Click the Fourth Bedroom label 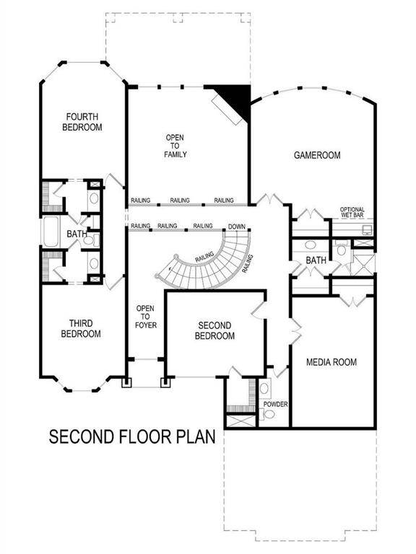click(82, 121)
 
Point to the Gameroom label click(316, 155)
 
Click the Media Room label click(331, 362)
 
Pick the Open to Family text click(176, 146)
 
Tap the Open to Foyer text click(146, 317)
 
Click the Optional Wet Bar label click(352, 213)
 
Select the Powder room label click(275, 404)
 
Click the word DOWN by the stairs click(236, 227)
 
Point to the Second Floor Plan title click(132, 437)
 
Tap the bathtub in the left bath click(51, 233)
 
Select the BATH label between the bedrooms click(77, 234)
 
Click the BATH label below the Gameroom click(316, 260)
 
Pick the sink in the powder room click(264, 390)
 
